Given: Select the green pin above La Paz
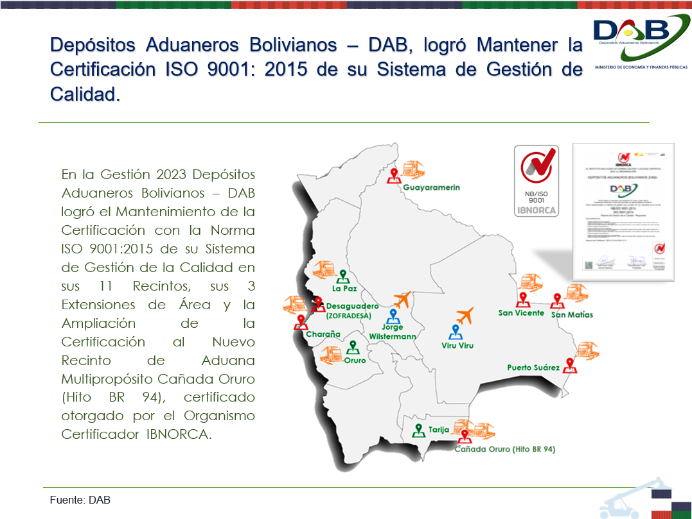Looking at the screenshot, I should point(343,276).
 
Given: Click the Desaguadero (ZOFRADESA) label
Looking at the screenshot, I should point(352,311).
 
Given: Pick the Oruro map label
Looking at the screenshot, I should point(355,360).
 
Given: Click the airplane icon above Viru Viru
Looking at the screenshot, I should point(464,316).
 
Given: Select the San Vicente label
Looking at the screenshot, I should point(521,313).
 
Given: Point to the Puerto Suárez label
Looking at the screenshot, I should point(533,368).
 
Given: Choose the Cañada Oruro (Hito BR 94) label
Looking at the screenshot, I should point(504,449).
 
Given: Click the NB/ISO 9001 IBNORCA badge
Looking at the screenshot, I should point(536,180).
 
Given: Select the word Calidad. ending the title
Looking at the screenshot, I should point(85,94).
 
